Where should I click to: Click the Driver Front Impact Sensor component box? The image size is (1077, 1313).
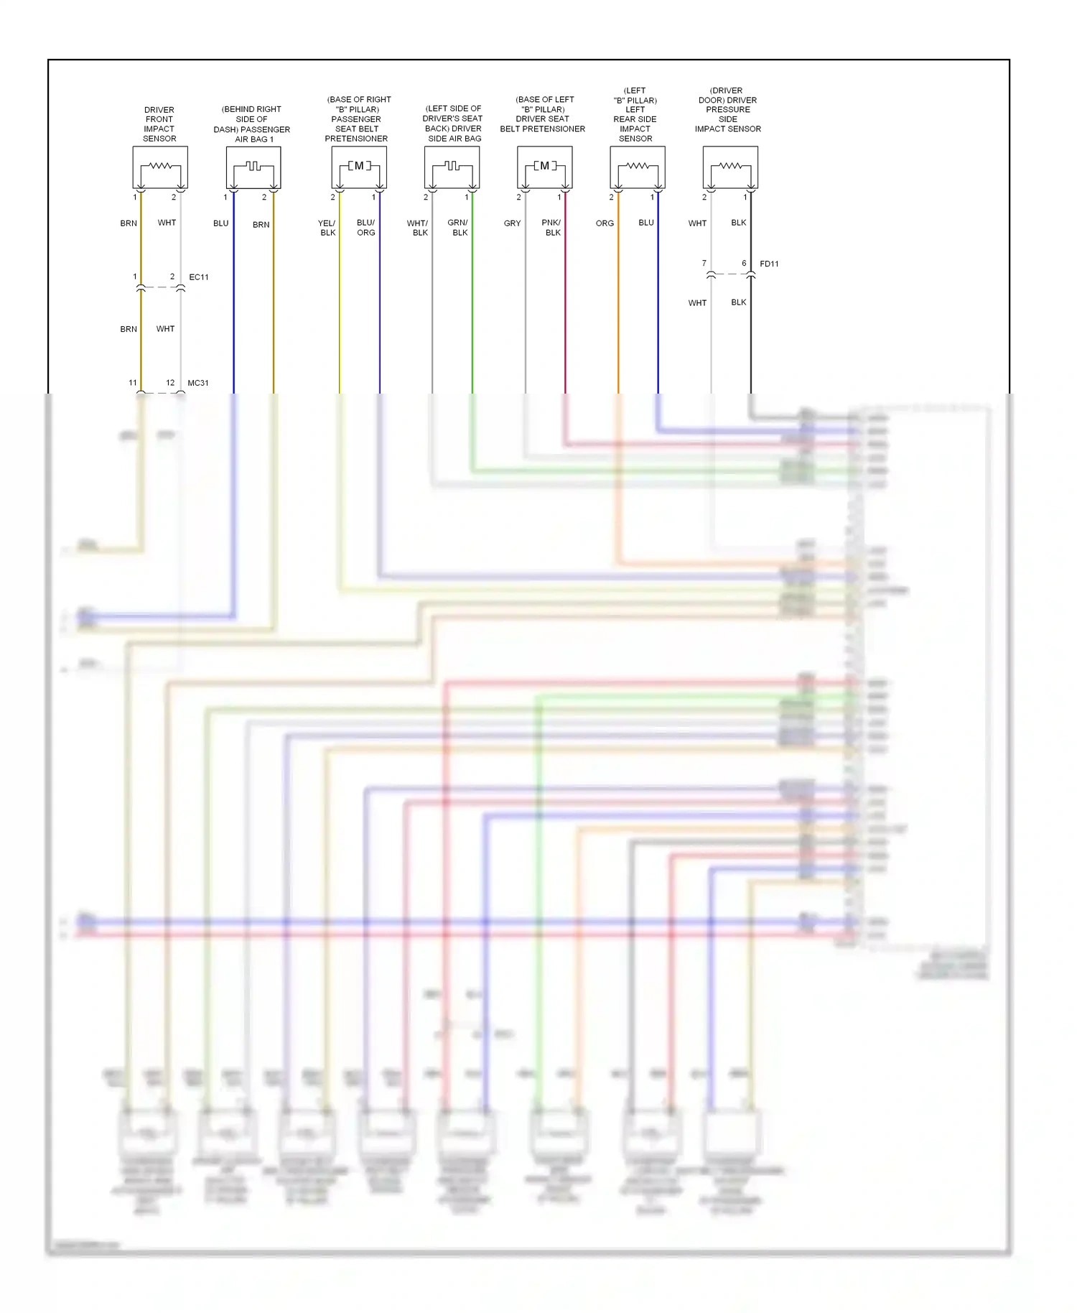[x=160, y=167]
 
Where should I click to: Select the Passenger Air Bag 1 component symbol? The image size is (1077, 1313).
[x=253, y=167]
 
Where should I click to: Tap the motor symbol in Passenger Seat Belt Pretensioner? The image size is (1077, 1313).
[x=359, y=167]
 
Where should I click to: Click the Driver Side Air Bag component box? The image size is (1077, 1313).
[x=452, y=167]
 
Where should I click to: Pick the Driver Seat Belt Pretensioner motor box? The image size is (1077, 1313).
[x=544, y=167]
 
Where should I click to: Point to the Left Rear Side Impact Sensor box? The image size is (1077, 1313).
[x=637, y=167]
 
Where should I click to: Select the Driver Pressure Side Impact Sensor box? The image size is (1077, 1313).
[x=730, y=167]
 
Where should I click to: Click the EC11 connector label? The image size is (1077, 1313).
[x=199, y=277]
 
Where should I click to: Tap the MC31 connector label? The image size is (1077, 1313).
[x=198, y=384]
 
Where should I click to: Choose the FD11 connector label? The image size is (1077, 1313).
[x=769, y=264]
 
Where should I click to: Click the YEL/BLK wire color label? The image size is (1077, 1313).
[x=327, y=228]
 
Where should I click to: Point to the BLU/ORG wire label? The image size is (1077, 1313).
[x=366, y=228]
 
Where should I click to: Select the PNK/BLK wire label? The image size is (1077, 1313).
[x=551, y=228]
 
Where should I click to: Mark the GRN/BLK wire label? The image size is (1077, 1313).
[x=458, y=228]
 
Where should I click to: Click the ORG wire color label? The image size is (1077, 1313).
[x=605, y=223]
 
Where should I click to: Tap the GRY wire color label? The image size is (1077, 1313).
[x=512, y=223]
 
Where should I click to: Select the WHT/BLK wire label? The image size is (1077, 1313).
[x=418, y=228]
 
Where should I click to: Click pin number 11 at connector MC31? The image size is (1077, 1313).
[x=133, y=383]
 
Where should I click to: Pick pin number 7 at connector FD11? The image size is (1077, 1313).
[x=704, y=264]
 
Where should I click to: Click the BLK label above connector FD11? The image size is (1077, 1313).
[x=739, y=223]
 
